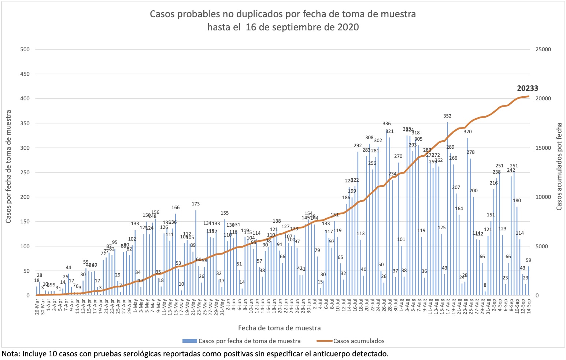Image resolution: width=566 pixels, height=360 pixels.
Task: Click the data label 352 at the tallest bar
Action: [x=447, y=116]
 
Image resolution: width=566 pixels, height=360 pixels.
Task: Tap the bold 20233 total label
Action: [x=528, y=88]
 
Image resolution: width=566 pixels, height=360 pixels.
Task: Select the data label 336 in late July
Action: [x=386, y=124]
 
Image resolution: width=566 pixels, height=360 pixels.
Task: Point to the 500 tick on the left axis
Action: [x=25, y=49]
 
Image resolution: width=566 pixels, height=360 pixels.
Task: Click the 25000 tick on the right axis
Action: [x=543, y=49]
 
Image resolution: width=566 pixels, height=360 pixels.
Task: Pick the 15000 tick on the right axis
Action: [x=543, y=148]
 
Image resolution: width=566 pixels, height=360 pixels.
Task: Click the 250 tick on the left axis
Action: [x=25, y=172]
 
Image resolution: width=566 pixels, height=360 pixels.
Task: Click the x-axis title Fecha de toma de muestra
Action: [x=279, y=328]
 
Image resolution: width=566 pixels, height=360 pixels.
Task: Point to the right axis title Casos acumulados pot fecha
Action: [x=559, y=166]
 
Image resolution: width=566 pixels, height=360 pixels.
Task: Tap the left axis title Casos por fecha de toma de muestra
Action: [x=8, y=166]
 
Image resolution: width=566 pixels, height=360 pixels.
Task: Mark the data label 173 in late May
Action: [x=196, y=204]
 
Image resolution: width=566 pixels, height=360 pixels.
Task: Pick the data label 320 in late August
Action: [x=467, y=132]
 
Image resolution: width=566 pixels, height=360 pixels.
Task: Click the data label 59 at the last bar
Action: [x=528, y=260]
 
